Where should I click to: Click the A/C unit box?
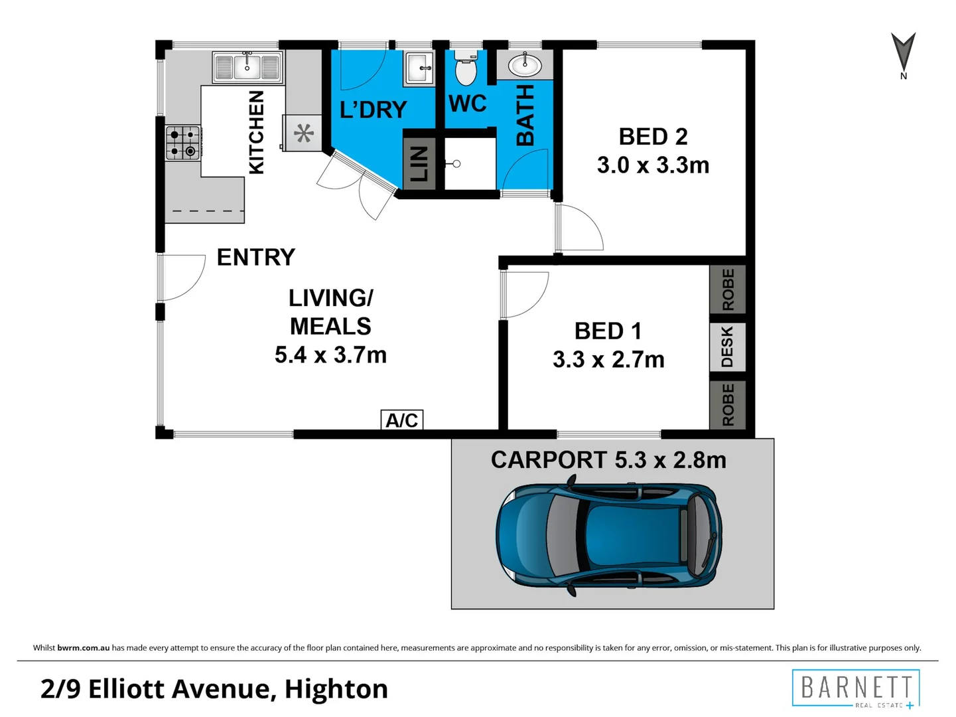click(x=401, y=420)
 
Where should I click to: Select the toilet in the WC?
click(x=466, y=68)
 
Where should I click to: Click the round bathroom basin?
click(x=525, y=65)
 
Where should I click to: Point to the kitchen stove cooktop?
click(x=182, y=143)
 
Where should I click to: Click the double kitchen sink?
click(x=247, y=67)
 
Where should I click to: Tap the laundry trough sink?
click(x=419, y=68)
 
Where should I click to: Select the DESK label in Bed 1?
click(x=727, y=347)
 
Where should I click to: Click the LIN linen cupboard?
click(x=419, y=163)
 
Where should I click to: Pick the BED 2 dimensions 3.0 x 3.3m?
click(x=653, y=165)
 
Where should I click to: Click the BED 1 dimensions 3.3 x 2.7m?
click(x=608, y=360)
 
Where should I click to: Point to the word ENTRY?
click(x=256, y=257)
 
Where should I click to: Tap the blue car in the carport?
click(x=609, y=535)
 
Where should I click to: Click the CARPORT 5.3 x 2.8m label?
click(x=608, y=460)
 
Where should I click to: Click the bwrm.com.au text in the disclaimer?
click(x=83, y=648)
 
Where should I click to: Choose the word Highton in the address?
click(x=336, y=689)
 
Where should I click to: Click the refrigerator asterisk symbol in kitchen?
click(x=304, y=133)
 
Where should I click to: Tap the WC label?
click(x=467, y=104)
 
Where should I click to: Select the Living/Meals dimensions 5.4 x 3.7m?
click(x=330, y=355)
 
